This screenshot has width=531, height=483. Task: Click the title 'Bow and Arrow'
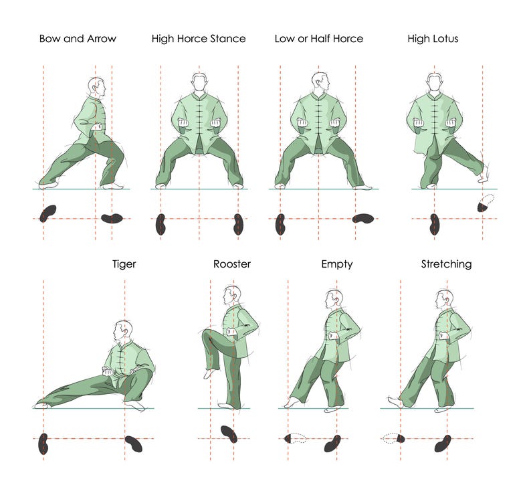click(x=78, y=39)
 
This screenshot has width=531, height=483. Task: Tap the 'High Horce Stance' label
click(x=199, y=39)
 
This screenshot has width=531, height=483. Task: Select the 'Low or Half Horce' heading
click(x=318, y=39)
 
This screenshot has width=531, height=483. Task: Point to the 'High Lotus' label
click(x=433, y=39)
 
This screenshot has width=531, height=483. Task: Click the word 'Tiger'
click(x=124, y=264)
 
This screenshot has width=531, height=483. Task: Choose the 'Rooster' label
click(x=232, y=264)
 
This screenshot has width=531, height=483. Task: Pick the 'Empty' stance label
click(x=337, y=264)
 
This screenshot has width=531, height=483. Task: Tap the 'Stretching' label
click(x=446, y=264)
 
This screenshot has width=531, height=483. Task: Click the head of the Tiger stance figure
click(x=123, y=330)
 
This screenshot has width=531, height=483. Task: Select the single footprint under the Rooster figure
click(x=229, y=433)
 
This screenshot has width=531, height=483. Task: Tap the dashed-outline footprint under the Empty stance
click(x=295, y=439)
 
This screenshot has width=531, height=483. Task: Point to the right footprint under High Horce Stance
click(x=238, y=224)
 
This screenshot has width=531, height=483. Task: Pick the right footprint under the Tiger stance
click(x=134, y=443)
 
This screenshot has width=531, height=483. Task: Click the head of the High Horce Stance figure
click(x=199, y=84)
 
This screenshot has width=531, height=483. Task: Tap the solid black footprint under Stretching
click(x=442, y=443)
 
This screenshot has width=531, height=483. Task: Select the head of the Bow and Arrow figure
click(x=97, y=87)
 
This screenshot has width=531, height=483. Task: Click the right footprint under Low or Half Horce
click(x=363, y=218)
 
